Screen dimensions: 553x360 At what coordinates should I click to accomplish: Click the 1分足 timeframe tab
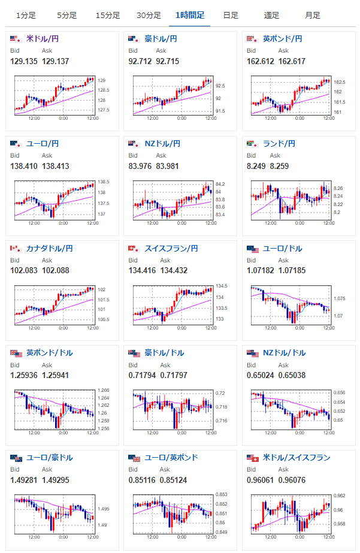[25, 15]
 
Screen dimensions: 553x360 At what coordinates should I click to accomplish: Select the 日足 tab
[231, 15]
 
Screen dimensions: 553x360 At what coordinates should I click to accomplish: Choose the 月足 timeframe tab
[312, 15]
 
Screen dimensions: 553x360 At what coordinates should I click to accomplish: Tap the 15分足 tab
[108, 15]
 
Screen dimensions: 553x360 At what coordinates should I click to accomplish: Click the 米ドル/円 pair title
[43, 39]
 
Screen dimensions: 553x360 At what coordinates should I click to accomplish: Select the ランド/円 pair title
[279, 143]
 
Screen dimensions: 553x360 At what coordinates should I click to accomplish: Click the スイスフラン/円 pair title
[171, 248]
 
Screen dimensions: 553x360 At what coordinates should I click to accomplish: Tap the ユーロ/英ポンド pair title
[171, 458]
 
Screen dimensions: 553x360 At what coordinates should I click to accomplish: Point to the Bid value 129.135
[24, 61]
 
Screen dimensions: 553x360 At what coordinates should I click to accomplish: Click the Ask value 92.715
[167, 61]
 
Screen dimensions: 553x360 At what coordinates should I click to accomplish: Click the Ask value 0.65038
[292, 375]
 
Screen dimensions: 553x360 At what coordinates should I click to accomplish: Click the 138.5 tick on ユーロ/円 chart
[102, 182]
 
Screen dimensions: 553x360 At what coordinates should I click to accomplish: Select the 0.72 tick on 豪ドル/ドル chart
[220, 394]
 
